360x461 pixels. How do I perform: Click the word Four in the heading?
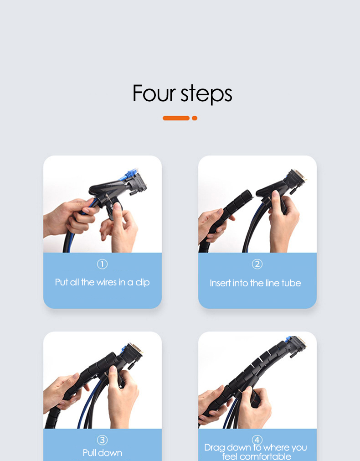[154, 93]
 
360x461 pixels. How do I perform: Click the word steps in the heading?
[206, 94]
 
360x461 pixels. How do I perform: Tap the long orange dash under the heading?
[176, 118]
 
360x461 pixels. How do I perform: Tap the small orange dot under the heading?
[195, 118]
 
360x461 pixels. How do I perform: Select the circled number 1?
[102, 264]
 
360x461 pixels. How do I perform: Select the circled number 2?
[257, 264]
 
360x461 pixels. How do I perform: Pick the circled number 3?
[102, 440]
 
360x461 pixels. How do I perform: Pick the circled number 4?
[257, 440]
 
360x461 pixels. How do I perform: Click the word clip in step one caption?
[143, 283]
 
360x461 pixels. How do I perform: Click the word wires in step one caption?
[107, 282]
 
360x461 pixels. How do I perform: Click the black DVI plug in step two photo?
[294, 181]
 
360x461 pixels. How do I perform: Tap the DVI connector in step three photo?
[132, 354]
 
